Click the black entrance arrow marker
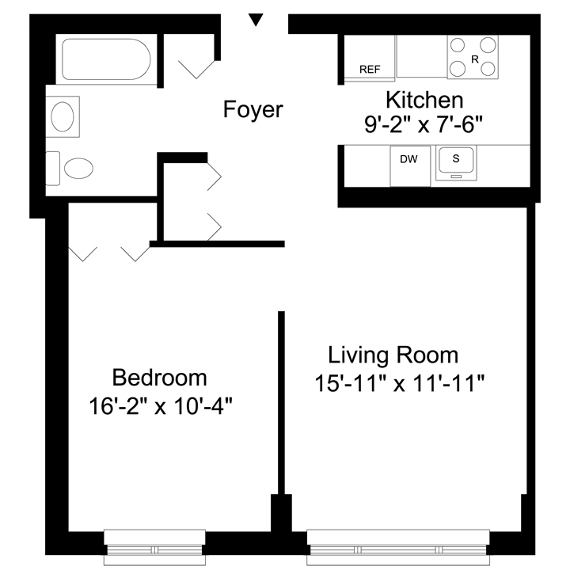pyautogui.click(x=256, y=19)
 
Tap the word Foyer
pyautogui.click(x=253, y=109)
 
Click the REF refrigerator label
pyautogui.click(x=370, y=69)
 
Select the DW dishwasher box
pyautogui.click(x=410, y=166)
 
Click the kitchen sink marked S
pyautogui.click(x=456, y=163)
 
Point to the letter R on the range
pyautogui.click(x=474, y=59)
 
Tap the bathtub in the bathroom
pyautogui.click(x=106, y=59)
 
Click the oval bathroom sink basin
pyautogui.click(x=63, y=116)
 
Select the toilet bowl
pyautogui.click(x=78, y=169)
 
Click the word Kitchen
pyautogui.click(x=424, y=100)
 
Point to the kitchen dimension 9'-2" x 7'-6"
pyautogui.click(x=424, y=125)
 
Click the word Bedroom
pyautogui.click(x=160, y=378)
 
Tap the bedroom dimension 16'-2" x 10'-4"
pyautogui.click(x=160, y=406)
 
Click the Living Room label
pyautogui.click(x=393, y=355)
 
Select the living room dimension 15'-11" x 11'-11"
pyautogui.click(x=400, y=383)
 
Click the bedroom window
pyautogui.click(x=154, y=547)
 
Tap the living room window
pyautogui.click(x=398, y=547)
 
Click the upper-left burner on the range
pyautogui.click(x=458, y=45)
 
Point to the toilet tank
pyautogui.click(x=53, y=169)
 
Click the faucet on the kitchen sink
pyautogui.click(x=456, y=177)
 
